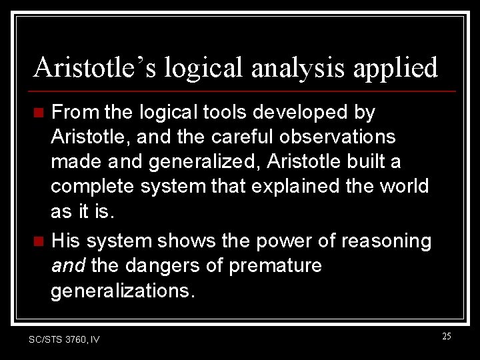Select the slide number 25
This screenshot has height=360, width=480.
tap(446, 336)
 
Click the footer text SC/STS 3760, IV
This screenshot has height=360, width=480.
tap(64, 339)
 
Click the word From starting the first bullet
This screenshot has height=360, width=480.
tap(73, 113)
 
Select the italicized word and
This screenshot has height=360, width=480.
tap(67, 265)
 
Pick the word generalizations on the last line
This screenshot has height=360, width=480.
tap(123, 290)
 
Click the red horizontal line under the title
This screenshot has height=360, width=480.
tap(243, 91)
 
